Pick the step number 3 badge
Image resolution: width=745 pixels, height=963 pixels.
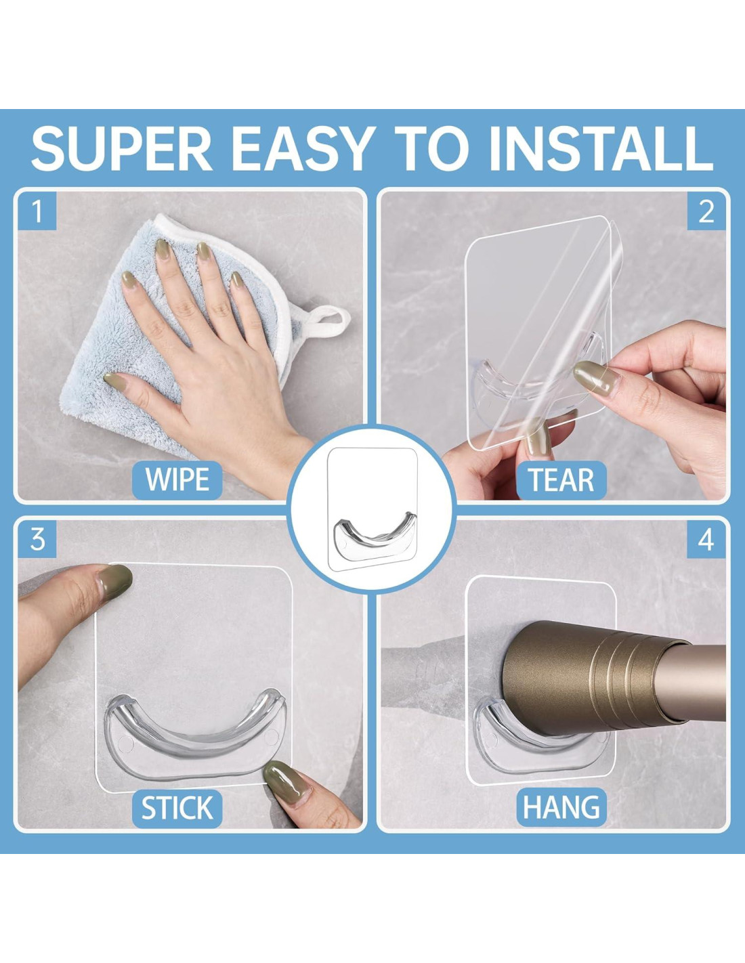click(37, 539)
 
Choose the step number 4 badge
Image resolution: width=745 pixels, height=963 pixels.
click(706, 539)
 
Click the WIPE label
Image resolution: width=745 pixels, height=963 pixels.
click(177, 480)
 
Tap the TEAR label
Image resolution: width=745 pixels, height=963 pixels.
click(561, 480)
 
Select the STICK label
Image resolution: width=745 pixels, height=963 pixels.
click(177, 808)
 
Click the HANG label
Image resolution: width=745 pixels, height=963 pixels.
click(561, 807)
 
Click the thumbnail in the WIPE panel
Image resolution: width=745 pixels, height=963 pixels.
click(114, 380)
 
